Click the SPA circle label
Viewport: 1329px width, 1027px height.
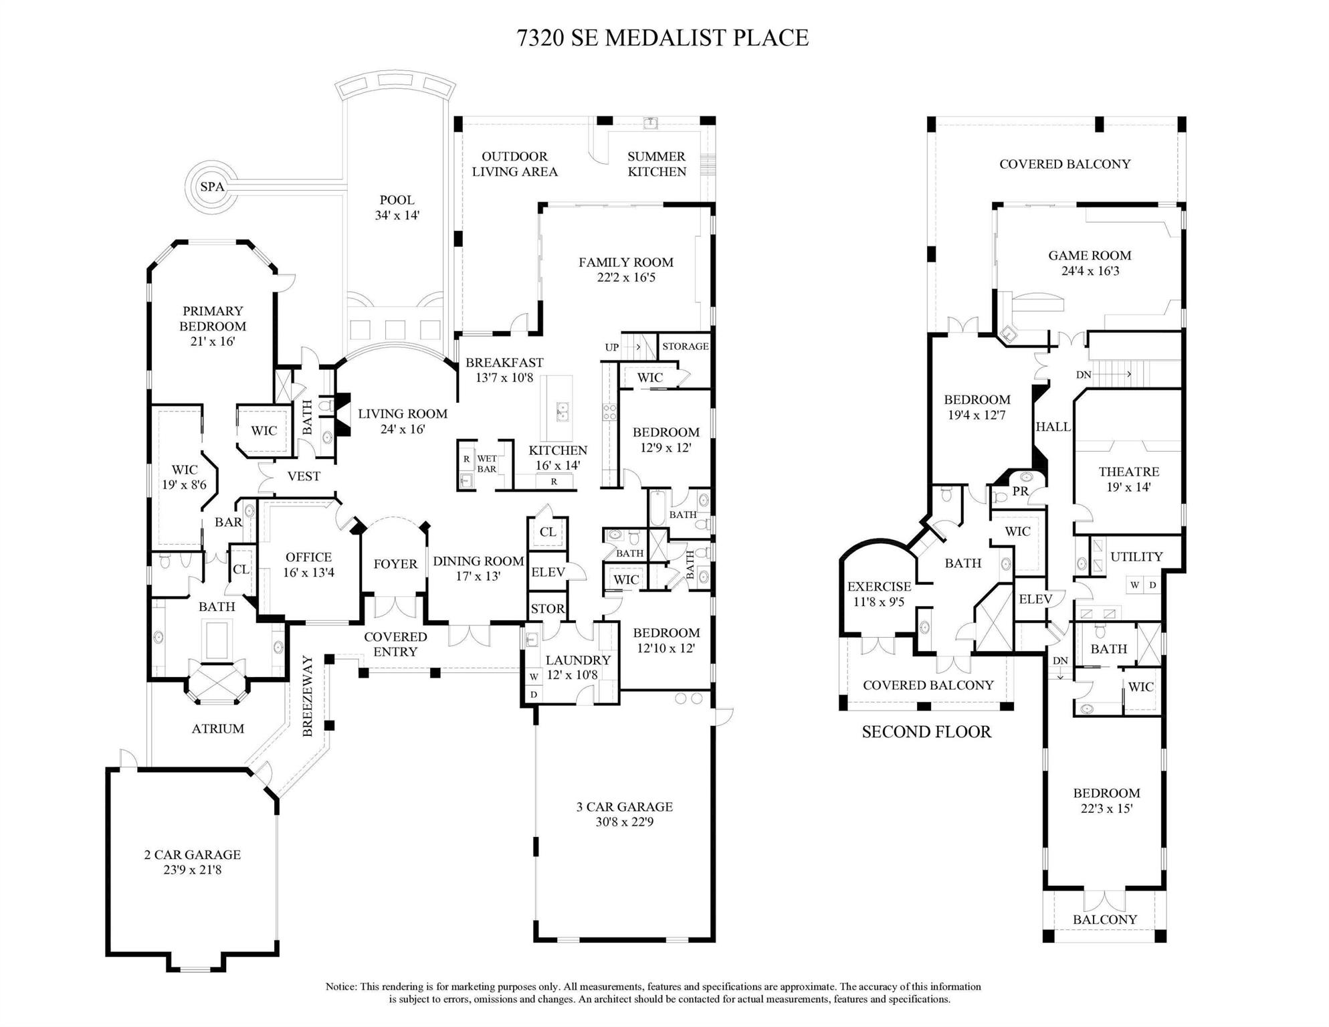coord(212,187)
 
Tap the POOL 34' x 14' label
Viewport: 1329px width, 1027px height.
coord(397,207)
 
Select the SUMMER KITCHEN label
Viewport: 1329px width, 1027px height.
coord(656,164)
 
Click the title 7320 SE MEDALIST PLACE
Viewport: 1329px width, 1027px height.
coord(663,38)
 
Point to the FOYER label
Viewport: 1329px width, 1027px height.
coord(395,564)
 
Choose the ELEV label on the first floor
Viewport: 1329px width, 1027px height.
coord(548,572)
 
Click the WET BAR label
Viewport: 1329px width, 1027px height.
coord(487,464)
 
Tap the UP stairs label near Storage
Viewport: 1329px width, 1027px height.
coord(612,347)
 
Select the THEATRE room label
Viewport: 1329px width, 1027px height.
coord(1128,479)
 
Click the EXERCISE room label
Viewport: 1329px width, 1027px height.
coord(879,594)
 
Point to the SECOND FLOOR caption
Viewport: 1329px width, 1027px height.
coord(926,732)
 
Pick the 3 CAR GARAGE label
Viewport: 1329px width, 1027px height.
coord(624,814)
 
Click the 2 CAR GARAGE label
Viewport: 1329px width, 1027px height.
coord(192,862)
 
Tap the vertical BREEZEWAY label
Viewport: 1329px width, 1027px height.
coord(308,696)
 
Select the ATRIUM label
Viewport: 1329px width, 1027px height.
coord(218,729)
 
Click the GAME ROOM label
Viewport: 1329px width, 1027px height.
coord(1090,263)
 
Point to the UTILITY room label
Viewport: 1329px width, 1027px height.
coord(1136,557)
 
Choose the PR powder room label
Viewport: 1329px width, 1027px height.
coord(1020,491)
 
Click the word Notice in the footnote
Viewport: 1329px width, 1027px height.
coord(341,986)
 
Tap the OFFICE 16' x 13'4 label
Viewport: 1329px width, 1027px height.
coord(308,564)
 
